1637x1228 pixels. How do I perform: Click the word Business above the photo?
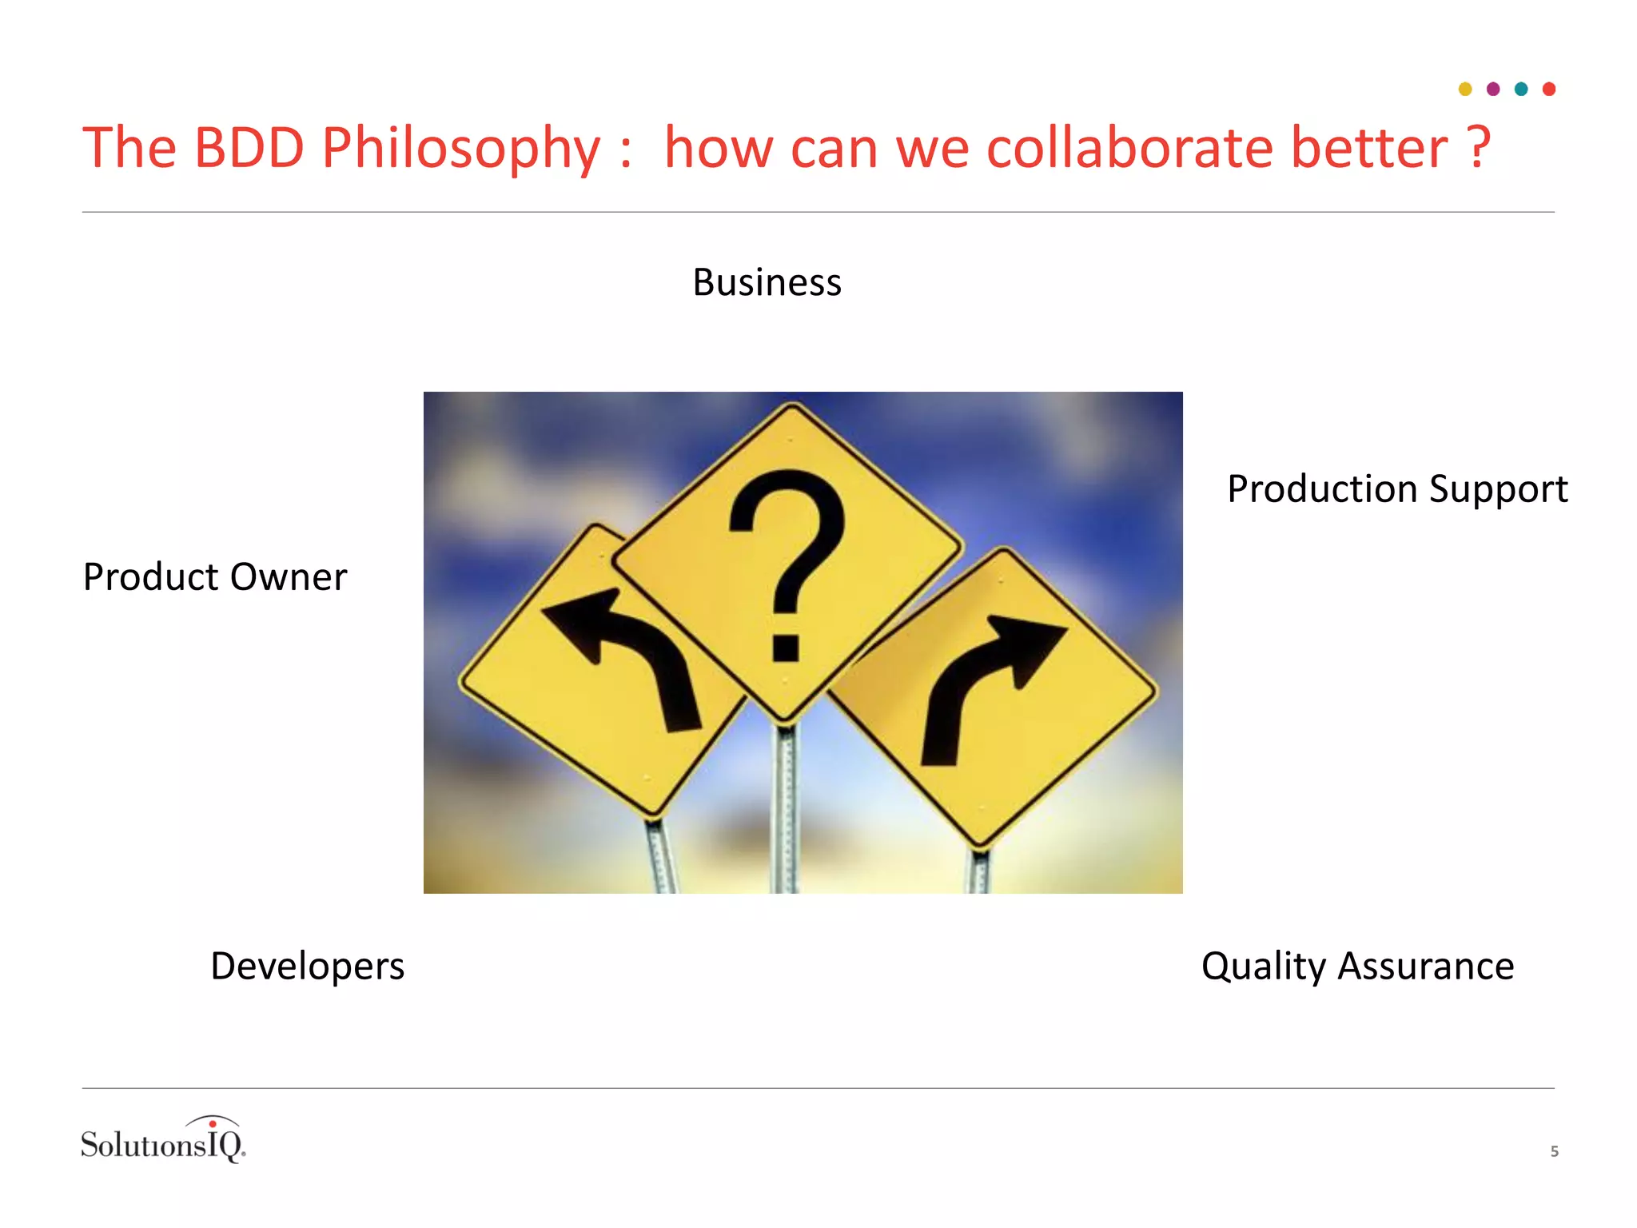click(767, 282)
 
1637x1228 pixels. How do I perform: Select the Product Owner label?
click(215, 576)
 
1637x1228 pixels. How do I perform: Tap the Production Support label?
click(1396, 488)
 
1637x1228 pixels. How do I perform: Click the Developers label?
click(307, 966)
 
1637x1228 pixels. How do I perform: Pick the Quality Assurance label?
click(1357, 966)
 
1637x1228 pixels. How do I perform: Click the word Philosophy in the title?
click(460, 149)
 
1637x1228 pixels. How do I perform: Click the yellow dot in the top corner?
click(1465, 89)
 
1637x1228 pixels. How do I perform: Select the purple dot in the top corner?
click(1493, 89)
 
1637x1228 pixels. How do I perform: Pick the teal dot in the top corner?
click(1521, 89)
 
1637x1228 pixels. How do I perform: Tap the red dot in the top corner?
click(1549, 89)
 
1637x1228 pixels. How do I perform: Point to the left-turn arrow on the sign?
click(631, 652)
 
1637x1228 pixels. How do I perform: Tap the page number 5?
click(1554, 1151)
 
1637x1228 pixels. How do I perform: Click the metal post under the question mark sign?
click(786, 807)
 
